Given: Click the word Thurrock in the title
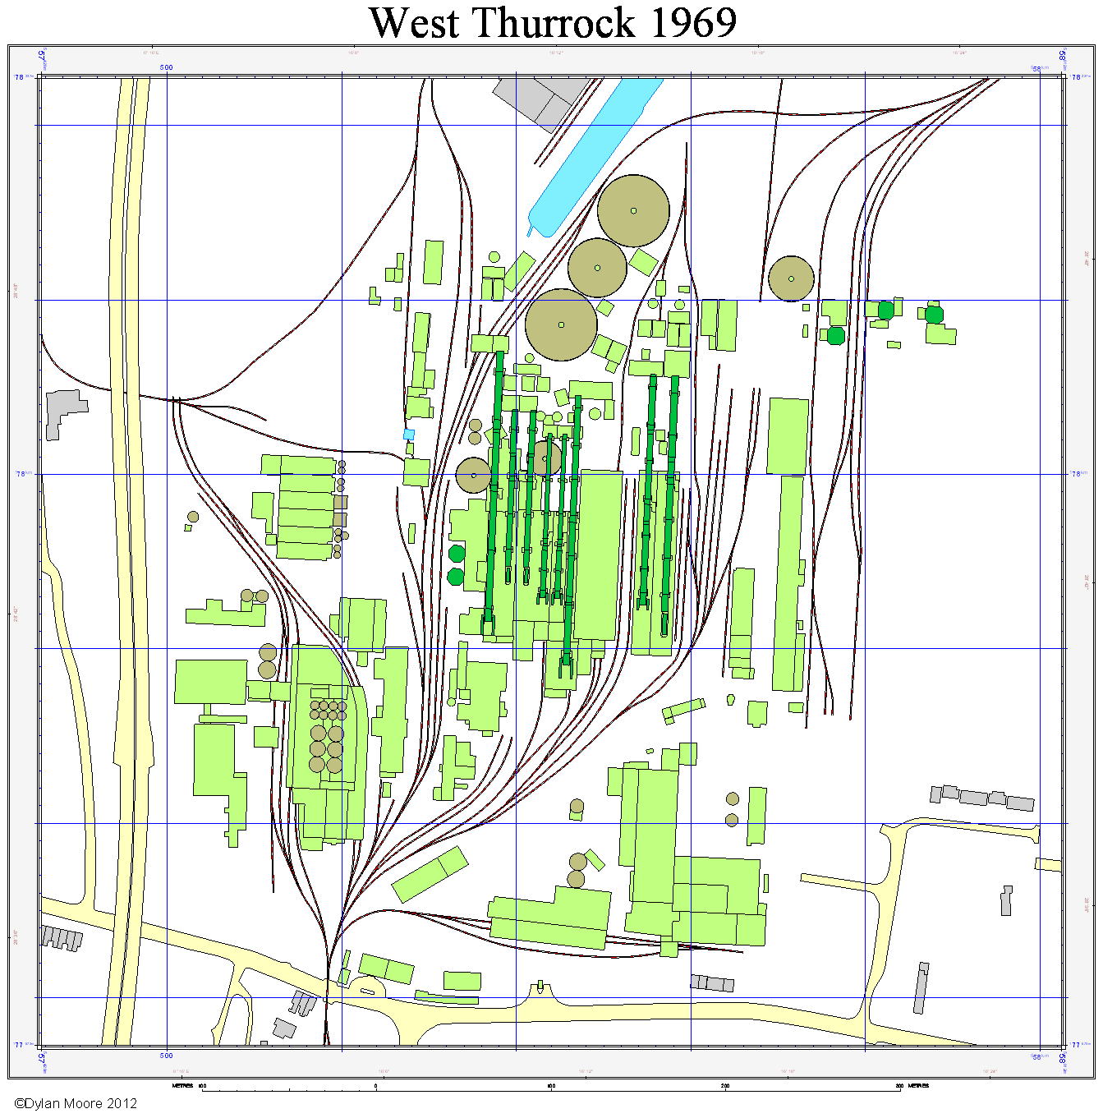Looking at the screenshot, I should tap(554, 23).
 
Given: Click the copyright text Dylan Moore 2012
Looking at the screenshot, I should tap(76, 1103).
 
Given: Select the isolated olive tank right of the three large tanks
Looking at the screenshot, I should tap(791, 278).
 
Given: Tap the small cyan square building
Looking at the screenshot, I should tap(409, 434).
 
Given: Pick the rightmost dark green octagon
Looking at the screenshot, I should tap(934, 315).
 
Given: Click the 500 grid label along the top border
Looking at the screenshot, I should tap(166, 68).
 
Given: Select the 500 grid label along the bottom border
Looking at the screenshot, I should tap(166, 1056).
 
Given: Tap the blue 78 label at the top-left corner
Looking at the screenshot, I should tap(19, 77).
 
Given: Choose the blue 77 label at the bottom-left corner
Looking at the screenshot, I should tap(19, 1045).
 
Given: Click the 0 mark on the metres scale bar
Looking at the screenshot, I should tap(376, 1086).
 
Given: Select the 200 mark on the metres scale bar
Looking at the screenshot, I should tap(725, 1086).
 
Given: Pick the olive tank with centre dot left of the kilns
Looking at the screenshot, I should tap(473, 475).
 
